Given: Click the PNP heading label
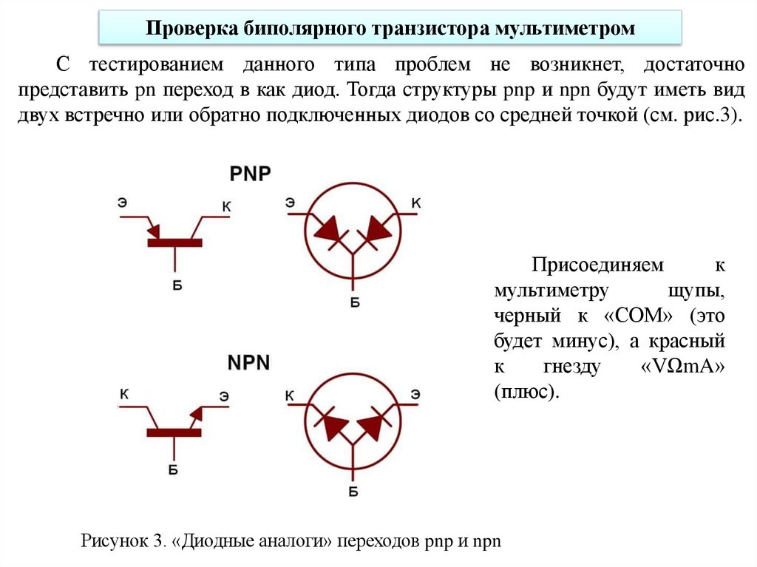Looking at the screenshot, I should click(250, 174).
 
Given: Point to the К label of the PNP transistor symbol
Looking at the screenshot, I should click(225, 208).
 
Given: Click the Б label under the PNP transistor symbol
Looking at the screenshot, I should click(177, 284).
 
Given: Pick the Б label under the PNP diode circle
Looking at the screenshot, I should click(354, 301).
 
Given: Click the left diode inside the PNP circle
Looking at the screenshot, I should click(327, 228).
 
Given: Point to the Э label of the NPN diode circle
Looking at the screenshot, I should click(417, 394).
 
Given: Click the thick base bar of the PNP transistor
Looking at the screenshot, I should click(175, 241).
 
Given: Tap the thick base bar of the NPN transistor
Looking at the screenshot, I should click(174, 432).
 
